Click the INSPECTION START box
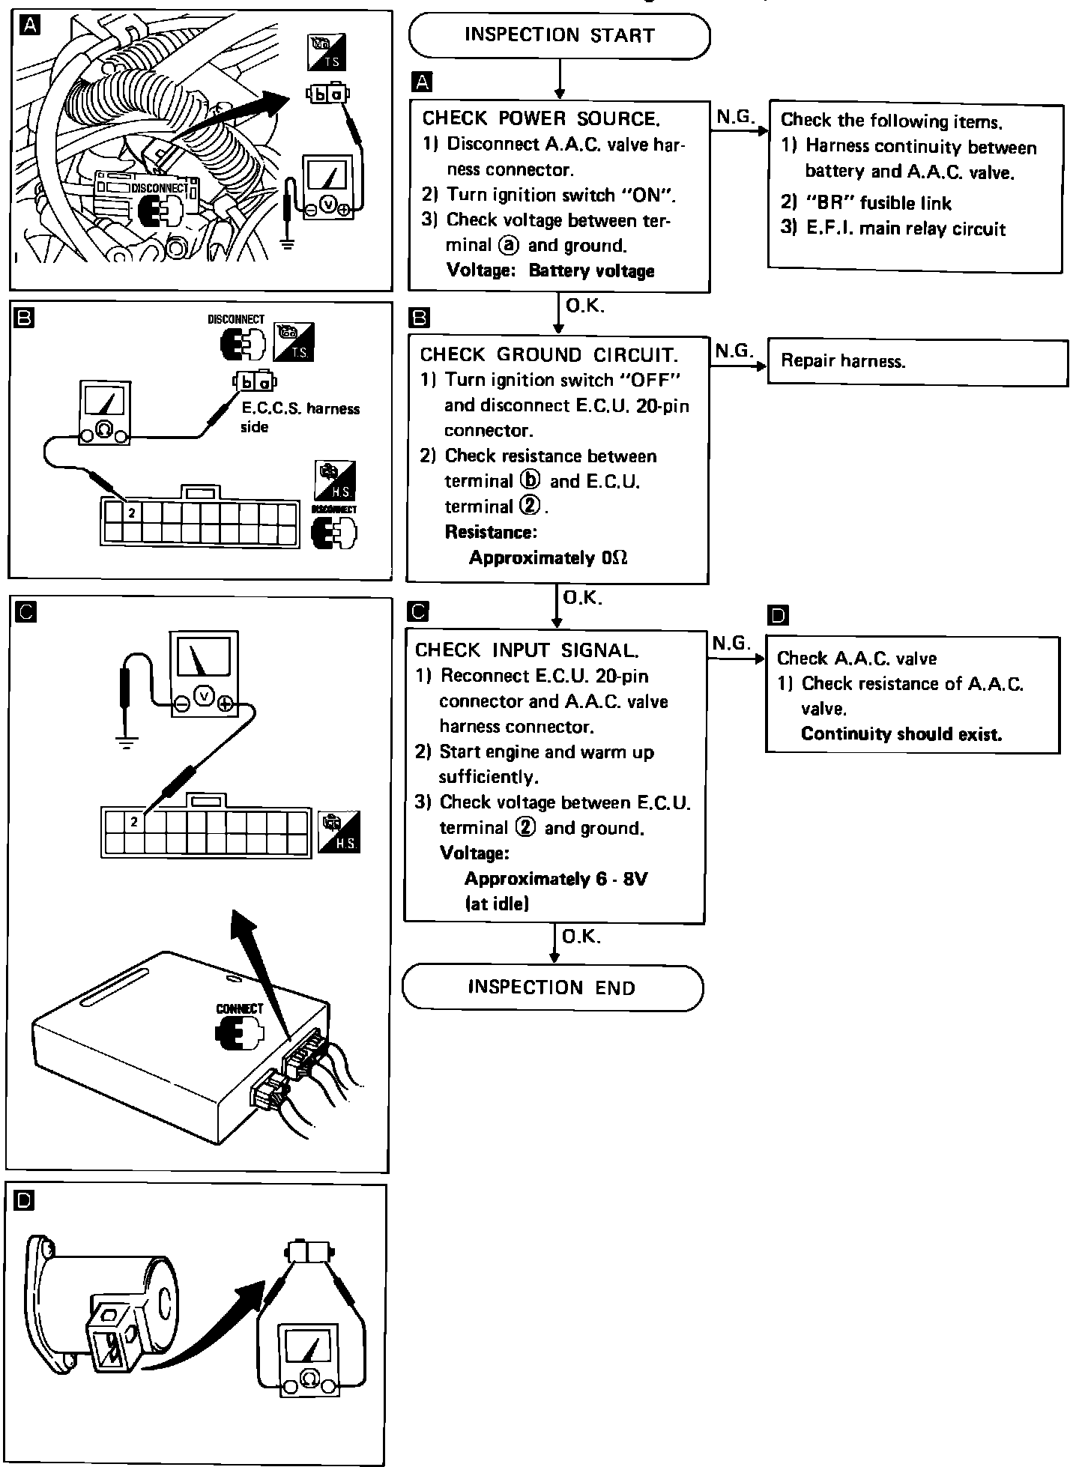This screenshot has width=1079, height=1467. (559, 35)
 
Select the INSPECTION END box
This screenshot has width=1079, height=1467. (552, 987)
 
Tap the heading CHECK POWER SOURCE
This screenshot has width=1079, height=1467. (541, 118)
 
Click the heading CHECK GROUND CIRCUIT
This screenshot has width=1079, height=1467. (549, 354)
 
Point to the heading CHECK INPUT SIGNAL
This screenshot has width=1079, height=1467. (527, 650)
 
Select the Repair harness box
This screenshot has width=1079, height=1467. (917, 362)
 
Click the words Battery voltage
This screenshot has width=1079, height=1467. (591, 270)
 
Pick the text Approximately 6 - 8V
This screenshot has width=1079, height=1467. (555, 878)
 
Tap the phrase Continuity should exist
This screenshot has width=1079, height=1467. (901, 733)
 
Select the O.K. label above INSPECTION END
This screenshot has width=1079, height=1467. (581, 937)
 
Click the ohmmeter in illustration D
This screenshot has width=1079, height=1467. (309, 1358)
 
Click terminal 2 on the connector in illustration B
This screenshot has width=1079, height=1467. (132, 512)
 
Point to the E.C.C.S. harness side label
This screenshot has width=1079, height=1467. (300, 417)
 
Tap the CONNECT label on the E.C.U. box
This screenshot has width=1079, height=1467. (240, 1008)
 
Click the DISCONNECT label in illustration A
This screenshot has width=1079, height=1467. (160, 188)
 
